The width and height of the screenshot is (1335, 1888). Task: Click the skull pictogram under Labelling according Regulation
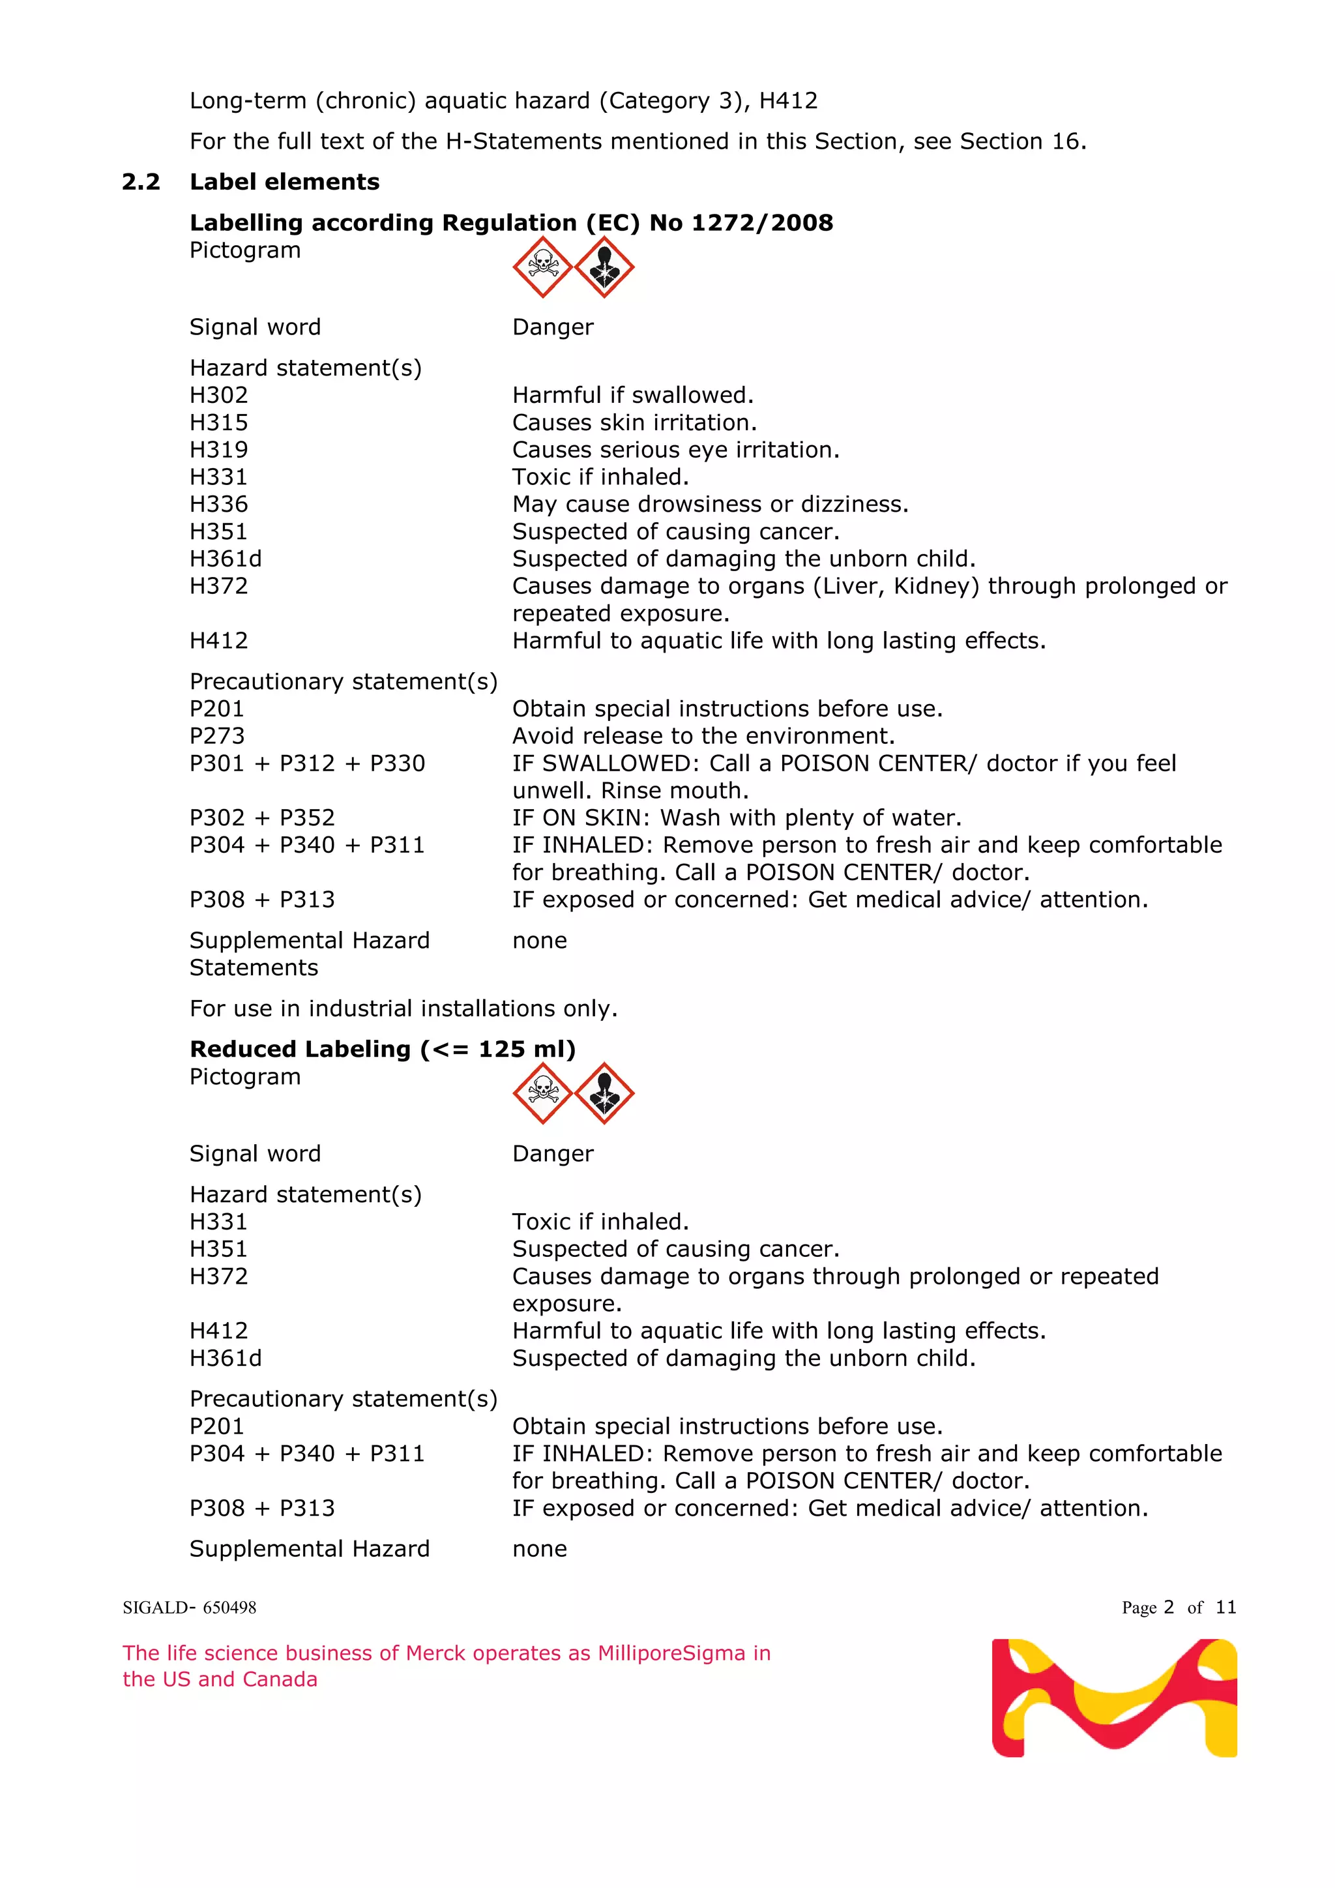[x=542, y=267]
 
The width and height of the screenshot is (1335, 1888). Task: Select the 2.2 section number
[x=141, y=182]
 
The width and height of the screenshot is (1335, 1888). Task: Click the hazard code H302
[x=218, y=396]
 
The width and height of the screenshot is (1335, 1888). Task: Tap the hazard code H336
[x=218, y=504]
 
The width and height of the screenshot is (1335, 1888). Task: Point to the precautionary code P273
[x=217, y=736]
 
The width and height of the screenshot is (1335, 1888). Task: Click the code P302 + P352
[x=262, y=818]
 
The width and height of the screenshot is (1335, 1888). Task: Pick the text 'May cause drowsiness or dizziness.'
[x=711, y=504]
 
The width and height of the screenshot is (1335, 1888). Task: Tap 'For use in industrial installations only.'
[x=403, y=1009]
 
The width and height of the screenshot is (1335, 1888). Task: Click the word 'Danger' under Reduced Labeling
[x=552, y=1154]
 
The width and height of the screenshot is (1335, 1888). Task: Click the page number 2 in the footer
[x=1168, y=1608]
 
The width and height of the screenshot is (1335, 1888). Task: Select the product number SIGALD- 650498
[x=189, y=1608]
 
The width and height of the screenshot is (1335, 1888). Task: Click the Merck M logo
[x=1114, y=1698]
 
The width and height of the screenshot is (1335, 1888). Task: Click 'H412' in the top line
[x=787, y=101]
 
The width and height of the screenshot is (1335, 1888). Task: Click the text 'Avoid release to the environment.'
[x=703, y=736]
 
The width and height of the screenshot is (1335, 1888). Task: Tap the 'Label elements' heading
[x=284, y=182]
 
